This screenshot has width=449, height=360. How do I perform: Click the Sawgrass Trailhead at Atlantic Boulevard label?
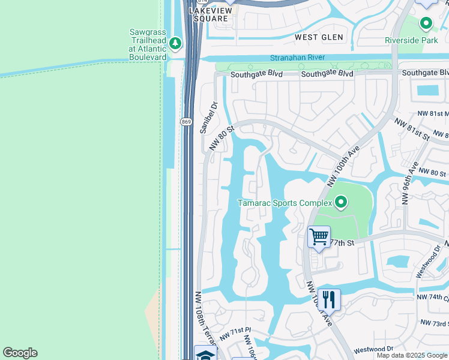coord(148,44)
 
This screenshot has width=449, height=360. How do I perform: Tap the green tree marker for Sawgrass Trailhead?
coord(175,43)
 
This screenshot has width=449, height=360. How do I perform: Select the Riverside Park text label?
coord(411,41)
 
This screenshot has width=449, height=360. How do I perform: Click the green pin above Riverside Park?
coord(426,24)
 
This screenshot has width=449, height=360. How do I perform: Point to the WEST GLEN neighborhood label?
coord(319,37)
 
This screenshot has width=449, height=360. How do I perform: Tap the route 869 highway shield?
coord(185,121)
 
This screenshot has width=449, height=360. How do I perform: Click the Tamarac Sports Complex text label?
coord(285,203)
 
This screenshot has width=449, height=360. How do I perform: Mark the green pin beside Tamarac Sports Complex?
coord(341,203)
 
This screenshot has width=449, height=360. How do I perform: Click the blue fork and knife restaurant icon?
coord(329,298)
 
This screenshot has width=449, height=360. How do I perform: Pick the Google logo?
coord(20,353)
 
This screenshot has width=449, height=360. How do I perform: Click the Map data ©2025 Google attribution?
coord(412,355)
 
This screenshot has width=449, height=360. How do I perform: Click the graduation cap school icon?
coord(205,354)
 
